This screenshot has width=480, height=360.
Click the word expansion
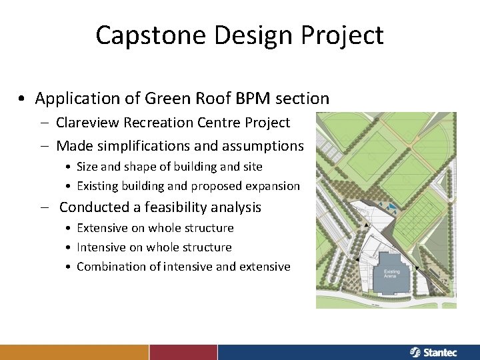(273, 186)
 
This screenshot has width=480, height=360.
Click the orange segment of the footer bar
(74, 352)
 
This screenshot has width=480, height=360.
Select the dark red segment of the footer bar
(183, 352)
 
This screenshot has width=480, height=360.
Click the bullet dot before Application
(23, 99)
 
